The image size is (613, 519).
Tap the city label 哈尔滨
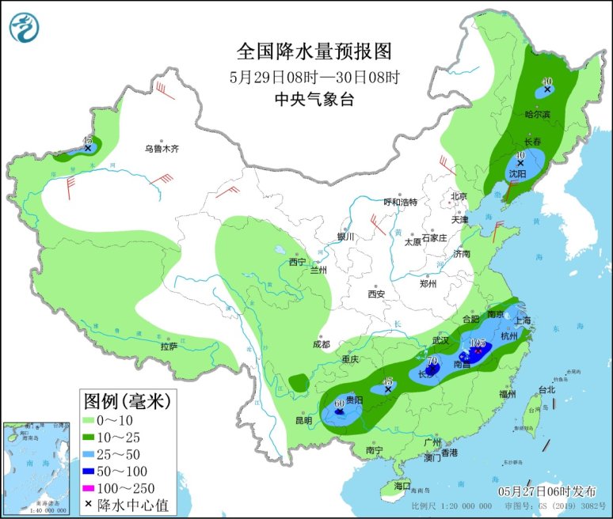[x=536, y=114]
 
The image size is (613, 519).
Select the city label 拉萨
[x=169, y=346]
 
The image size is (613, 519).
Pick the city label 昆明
[x=303, y=420]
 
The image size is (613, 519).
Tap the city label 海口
[x=403, y=485]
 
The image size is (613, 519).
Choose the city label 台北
[x=546, y=389]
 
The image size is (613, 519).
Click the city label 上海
[x=523, y=321]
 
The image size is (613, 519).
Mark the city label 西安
[x=375, y=294]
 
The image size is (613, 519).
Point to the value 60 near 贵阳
[x=340, y=403]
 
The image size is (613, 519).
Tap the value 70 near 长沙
[x=432, y=361]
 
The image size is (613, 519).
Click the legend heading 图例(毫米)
[x=127, y=401]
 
